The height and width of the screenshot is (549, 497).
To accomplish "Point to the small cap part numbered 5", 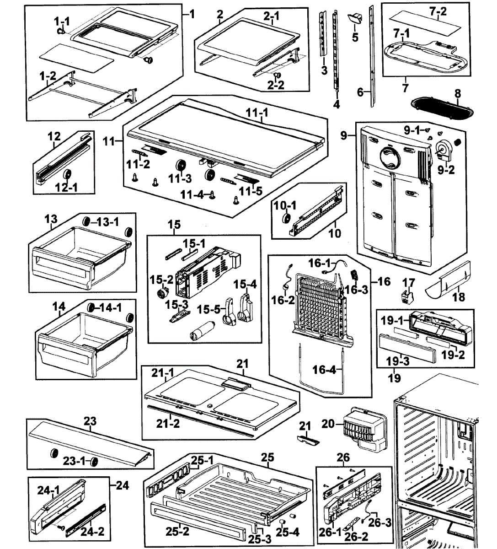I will point(355,19).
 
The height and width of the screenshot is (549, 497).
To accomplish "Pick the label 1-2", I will point(48,76).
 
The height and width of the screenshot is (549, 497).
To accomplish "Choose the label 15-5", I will point(209,309).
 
